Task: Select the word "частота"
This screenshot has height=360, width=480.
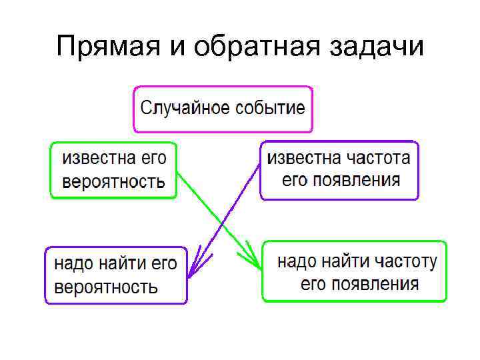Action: pos(379,158)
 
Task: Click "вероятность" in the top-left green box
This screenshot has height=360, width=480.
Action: pos(113,181)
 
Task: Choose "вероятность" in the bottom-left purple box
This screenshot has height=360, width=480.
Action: pos(106,287)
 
